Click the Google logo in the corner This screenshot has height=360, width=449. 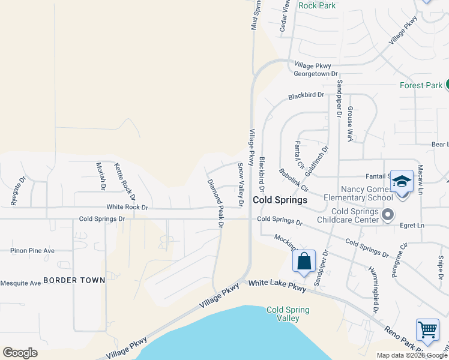click(20, 353)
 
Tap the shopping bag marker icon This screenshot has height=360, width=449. click(304, 262)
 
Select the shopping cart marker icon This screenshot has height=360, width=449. click(427, 329)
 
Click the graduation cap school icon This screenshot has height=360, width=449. click(401, 181)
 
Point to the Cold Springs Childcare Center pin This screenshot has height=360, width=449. click(388, 214)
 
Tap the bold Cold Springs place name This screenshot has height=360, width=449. click(280, 200)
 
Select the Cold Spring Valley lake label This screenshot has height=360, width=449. click(288, 314)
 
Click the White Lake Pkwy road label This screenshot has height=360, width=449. click(277, 286)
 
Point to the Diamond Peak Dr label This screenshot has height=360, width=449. click(215, 203)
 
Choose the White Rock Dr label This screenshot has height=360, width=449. click(127, 207)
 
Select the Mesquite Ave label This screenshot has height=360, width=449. click(20, 283)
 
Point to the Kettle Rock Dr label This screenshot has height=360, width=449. click(125, 181)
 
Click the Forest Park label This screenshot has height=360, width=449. click(421, 85)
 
